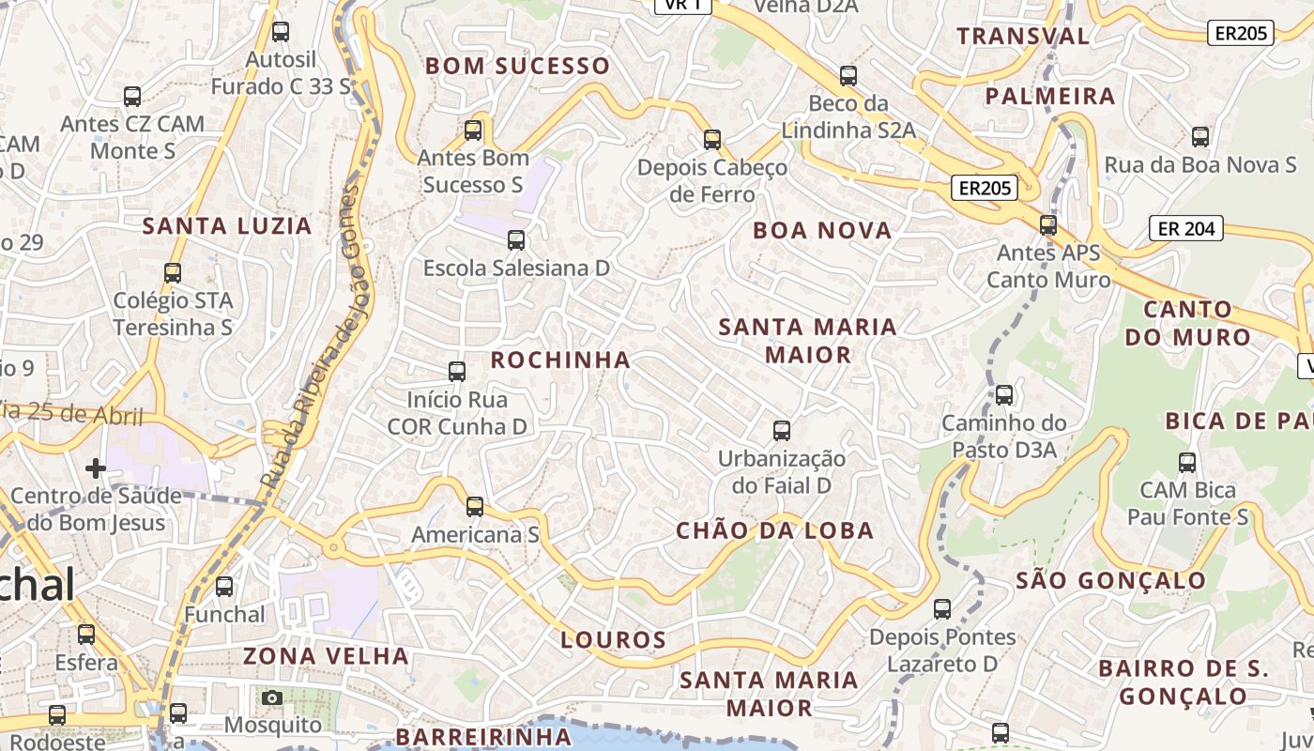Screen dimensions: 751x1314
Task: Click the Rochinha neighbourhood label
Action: pos(560,360)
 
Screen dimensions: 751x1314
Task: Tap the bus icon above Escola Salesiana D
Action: pos(516,239)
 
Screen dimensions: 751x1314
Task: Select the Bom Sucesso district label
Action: pos(517,66)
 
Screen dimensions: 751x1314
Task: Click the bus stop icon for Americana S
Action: pos(475,507)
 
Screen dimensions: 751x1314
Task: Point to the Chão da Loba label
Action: pos(775,530)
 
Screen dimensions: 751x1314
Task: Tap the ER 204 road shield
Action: pos(1186,228)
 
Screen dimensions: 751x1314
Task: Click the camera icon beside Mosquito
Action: pos(272,697)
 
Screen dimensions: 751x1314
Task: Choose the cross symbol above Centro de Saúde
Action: pos(95,467)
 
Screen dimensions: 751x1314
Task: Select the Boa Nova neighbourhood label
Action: pos(822,231)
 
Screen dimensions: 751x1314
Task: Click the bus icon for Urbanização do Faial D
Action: pos(781,431)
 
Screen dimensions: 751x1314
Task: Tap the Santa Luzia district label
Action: pos(227,225)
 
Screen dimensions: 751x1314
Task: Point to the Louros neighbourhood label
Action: pos(614,640)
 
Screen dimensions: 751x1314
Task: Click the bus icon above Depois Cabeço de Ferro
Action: pos(712,140)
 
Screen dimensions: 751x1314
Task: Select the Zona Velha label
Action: pos(326,655)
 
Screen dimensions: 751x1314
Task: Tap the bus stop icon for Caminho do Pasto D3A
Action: pos(1004,395)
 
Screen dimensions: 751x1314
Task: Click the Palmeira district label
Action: pos(1050,96)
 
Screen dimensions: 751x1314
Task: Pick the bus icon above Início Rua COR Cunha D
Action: pos(457,372)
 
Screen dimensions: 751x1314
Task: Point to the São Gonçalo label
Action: pos(1110,580)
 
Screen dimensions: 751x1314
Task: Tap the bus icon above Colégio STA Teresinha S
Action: pos(173,273)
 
